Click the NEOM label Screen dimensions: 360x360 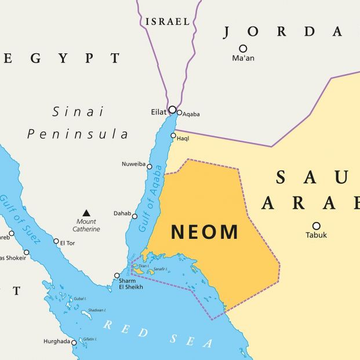point(205,232)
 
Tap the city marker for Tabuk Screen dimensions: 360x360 point(317,226)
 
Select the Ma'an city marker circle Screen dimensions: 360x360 point(243,49)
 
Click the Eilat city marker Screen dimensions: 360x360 point(172,110)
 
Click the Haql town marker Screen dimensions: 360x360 point(173,136)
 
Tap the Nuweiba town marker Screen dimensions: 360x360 point(149,166)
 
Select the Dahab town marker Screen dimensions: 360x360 point(134,216)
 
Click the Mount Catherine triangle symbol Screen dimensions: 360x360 point(86,213)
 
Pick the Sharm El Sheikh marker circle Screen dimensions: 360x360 point(117,275)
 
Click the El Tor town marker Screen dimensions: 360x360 point(56,241)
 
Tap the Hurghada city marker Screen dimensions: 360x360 point(74,342)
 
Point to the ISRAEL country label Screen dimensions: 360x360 point(168,21)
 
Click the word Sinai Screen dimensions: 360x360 point(78,111)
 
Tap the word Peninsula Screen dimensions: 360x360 point(78,134)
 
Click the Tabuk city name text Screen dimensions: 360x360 point(317,235)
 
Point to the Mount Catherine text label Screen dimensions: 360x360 point(86,225)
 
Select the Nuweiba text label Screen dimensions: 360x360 point(133,164)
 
